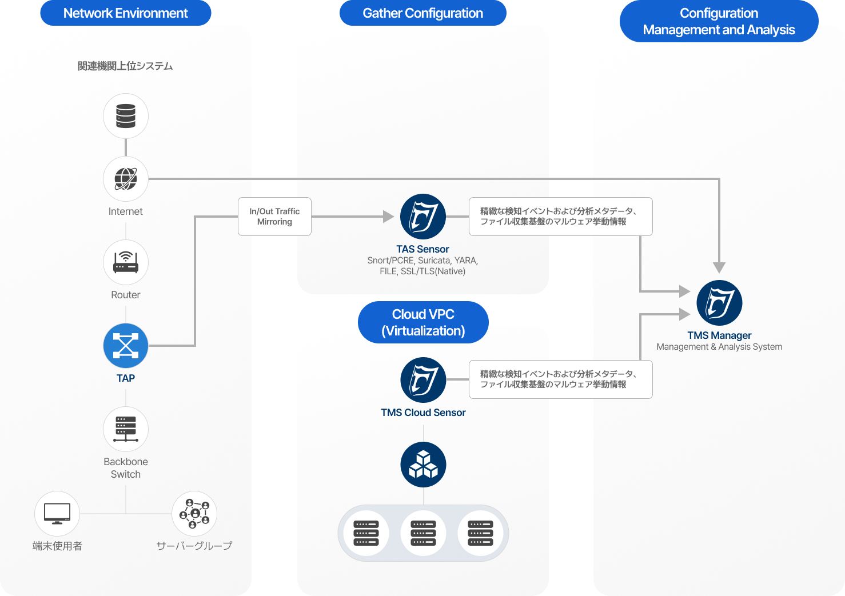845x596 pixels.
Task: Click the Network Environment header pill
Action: pos(126,13)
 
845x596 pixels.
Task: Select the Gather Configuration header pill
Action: pos(423,13)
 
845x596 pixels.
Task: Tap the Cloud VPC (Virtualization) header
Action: pos(423,322)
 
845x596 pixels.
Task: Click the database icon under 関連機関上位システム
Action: pos(126,116)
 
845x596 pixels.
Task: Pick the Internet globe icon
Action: pos(126,179)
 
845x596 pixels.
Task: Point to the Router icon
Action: pos(126,262)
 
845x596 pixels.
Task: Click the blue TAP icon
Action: pos(126,346)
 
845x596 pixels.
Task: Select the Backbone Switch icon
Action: pos(126,429)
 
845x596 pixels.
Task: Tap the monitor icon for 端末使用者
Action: pos(57,514)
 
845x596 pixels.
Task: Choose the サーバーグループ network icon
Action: pos(194,514)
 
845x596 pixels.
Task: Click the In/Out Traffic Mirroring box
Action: pos(274,217)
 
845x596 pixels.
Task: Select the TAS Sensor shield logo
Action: pos(423,217)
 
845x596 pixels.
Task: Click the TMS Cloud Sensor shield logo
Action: pos(423,380)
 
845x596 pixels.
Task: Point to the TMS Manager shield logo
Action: pos(719,303)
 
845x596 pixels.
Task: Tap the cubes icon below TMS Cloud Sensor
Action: pos(423,465)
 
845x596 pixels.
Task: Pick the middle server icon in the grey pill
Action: pos(423,533)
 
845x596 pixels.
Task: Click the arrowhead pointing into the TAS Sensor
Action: pos(389,217)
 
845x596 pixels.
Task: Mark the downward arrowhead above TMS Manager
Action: pos(719,267)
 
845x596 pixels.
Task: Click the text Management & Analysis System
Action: pos(719,347)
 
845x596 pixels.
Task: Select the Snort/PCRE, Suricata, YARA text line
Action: pos(422,261)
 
